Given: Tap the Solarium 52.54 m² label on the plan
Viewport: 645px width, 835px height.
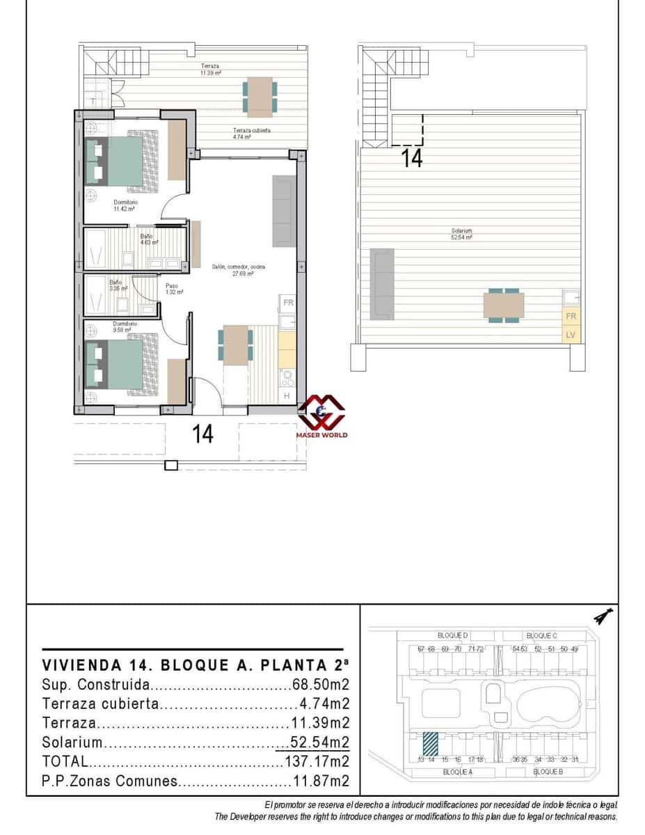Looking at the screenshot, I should [461, 234].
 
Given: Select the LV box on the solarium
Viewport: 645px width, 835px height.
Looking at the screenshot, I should [571, 335].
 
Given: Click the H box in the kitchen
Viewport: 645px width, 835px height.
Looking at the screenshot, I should [287, 396].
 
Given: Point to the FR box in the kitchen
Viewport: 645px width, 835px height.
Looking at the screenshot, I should [287, 303].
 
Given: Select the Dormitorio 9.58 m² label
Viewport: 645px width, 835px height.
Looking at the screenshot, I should [125, 327].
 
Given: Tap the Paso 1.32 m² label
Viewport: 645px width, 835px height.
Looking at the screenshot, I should [174, 289].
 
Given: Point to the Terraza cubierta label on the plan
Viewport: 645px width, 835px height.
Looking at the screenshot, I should [250, 134].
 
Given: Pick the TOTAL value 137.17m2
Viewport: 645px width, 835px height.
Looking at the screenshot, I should [317, 761].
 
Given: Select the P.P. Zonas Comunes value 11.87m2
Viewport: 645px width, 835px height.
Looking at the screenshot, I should [319, 781].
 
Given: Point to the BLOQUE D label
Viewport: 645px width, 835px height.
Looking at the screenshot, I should [453, 635].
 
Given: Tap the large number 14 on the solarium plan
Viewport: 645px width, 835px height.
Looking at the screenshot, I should [413, 159].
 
